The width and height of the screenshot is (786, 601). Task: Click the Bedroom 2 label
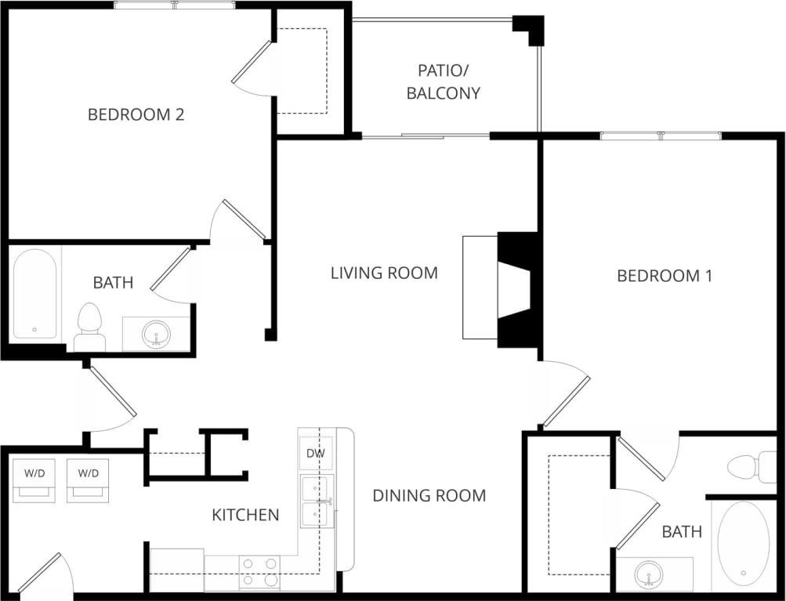pos(136,114)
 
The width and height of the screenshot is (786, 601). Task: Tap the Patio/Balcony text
pos(444,81)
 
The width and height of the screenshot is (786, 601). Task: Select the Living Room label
pos(383,273)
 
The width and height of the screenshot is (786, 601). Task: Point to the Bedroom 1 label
pos(665,275)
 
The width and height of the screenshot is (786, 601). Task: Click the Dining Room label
pos(429,495)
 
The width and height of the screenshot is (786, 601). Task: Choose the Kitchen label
pos(245,515)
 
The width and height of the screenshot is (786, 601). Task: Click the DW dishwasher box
pos(316,453)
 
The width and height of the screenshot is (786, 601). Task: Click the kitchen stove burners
pos(259,572)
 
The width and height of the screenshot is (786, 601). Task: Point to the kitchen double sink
pos(317,501)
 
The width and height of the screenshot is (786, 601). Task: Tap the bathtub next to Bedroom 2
pos(34,293)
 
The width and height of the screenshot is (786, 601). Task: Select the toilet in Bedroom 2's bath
pos(89,328)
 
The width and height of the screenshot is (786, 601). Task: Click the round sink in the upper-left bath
pos(156,335)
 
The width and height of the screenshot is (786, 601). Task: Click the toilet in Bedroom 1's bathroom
pos(745,466)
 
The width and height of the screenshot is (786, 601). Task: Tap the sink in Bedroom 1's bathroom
pos(648,574)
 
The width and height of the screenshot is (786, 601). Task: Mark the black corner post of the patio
pos(531,29)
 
